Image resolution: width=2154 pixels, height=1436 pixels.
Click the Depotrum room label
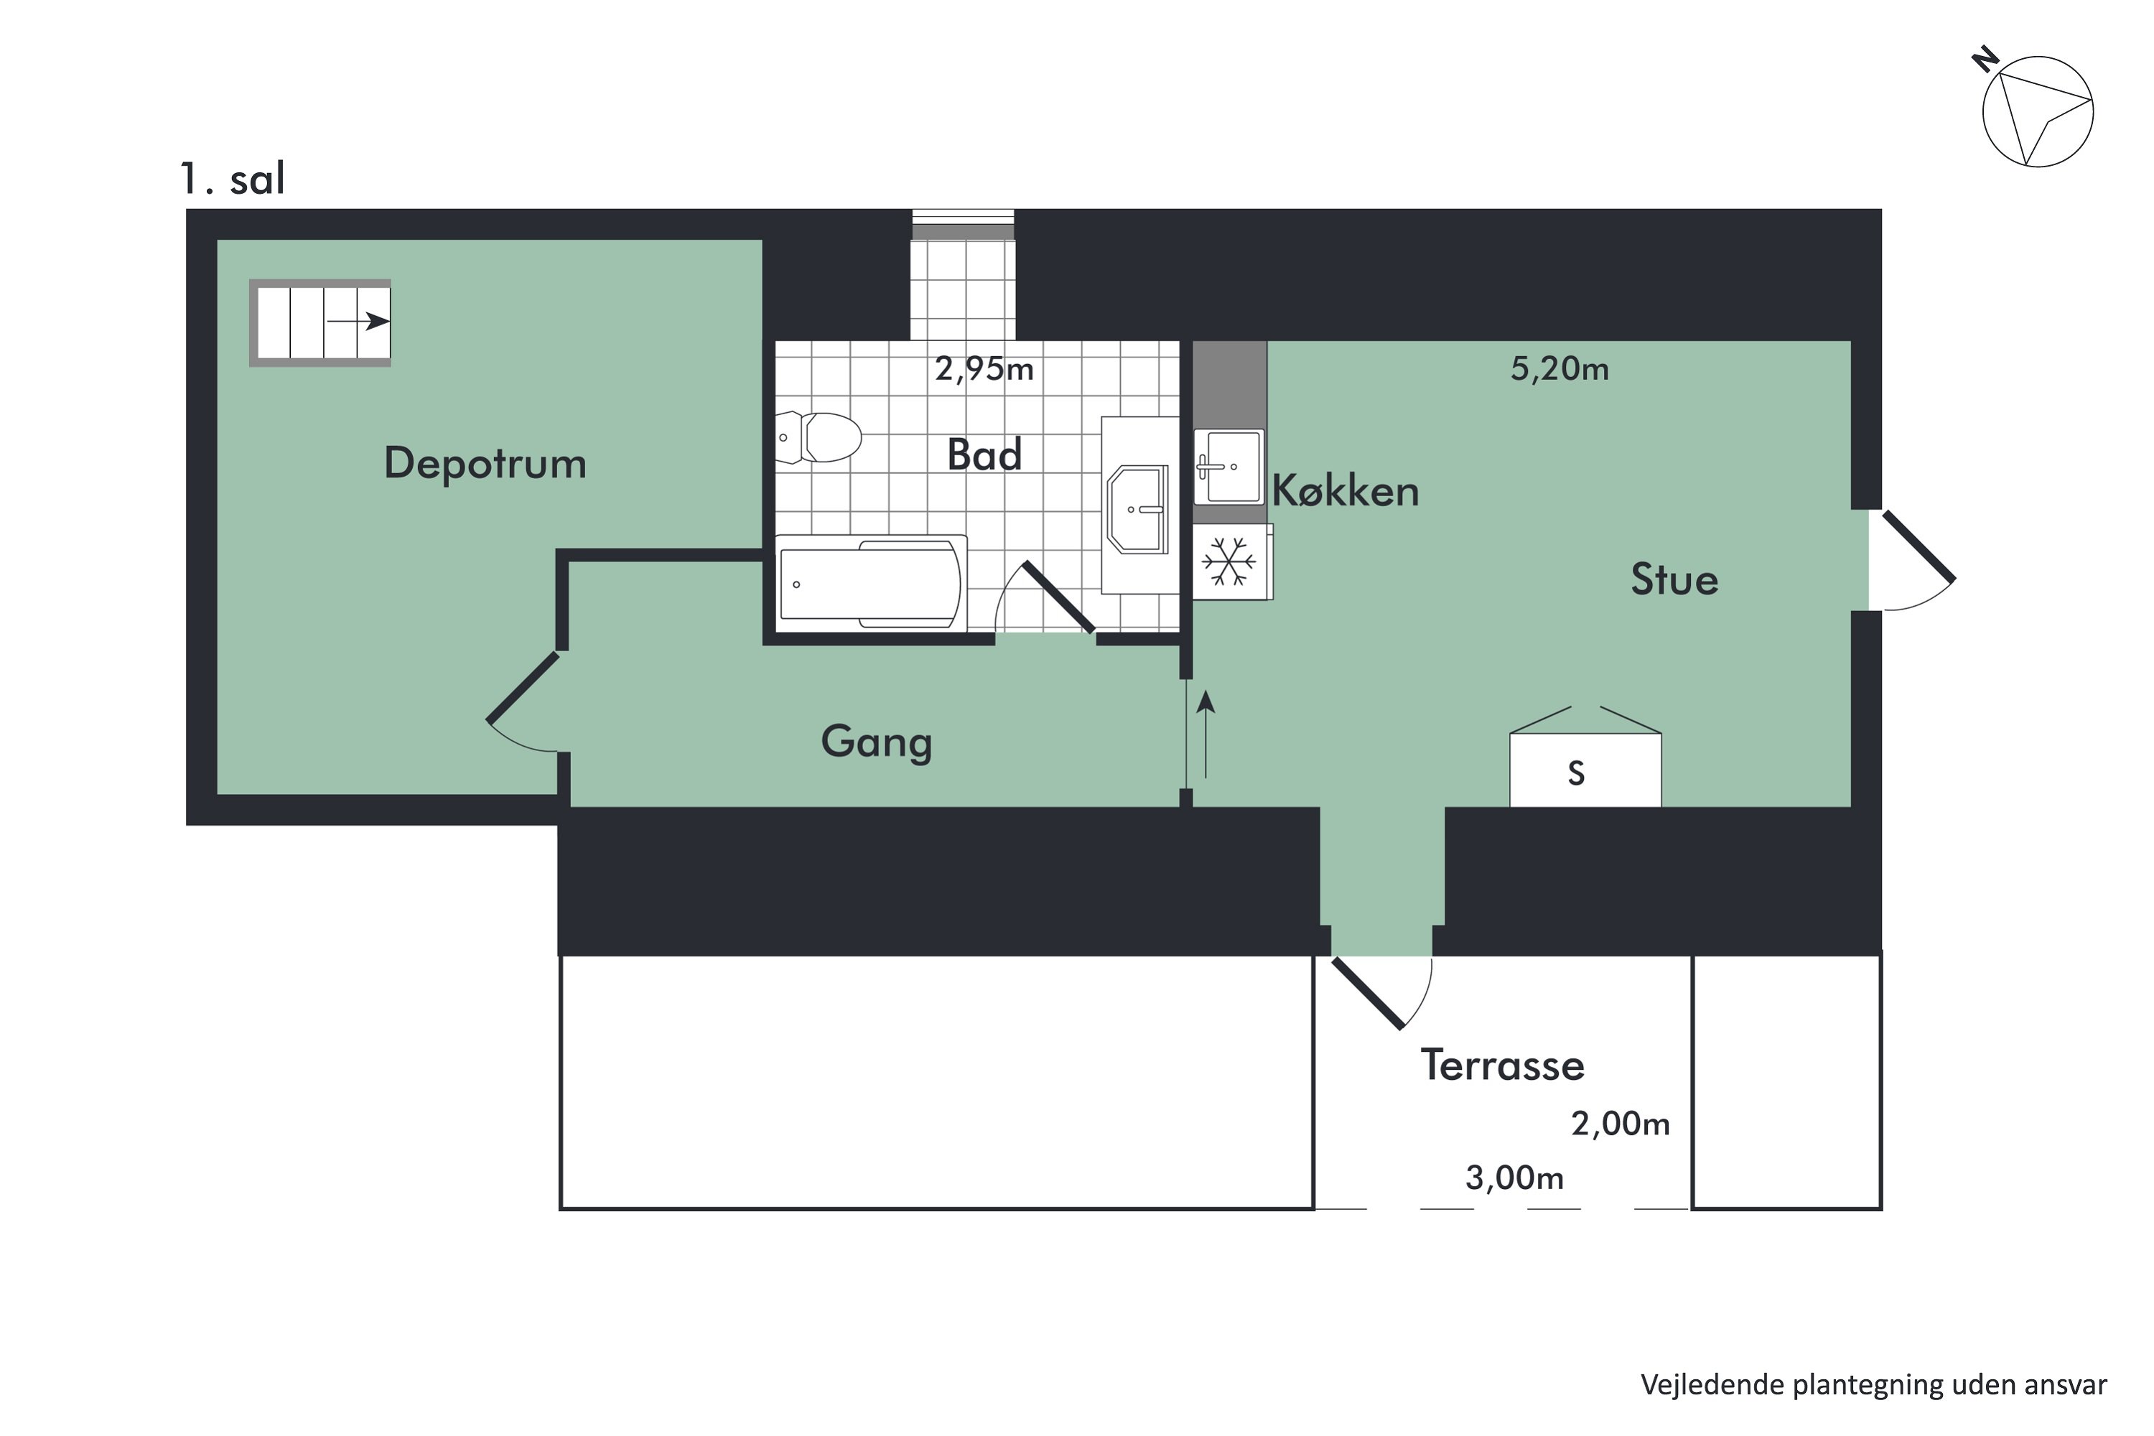coord(485,463)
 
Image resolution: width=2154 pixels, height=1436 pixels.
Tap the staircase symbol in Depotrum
coord(320,322)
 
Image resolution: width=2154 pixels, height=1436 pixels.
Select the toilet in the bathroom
coord(819,437)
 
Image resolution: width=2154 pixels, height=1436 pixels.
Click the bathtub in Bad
coord(871,583)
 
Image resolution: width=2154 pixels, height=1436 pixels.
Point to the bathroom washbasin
coord(1138,509)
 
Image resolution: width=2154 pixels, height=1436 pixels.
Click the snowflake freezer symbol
coord(1229,561)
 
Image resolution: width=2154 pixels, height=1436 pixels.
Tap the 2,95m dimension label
coord(984,369)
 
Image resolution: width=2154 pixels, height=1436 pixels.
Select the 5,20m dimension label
coord(1559,369)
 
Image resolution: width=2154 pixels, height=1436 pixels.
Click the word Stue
coord(1674,579)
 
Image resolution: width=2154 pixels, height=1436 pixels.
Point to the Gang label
coord(877,742)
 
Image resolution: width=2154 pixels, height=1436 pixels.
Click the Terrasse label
coord(1502,1065)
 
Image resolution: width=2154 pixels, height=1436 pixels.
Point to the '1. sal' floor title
coord(233,179)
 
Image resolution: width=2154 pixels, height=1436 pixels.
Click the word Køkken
coord(1346,491)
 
